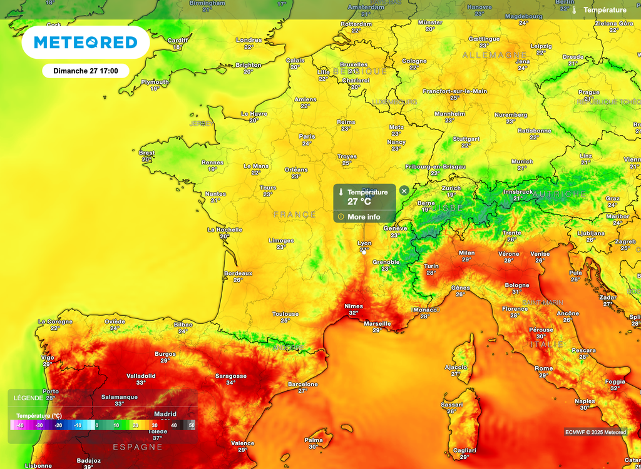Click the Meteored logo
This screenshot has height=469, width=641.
coord(85,43)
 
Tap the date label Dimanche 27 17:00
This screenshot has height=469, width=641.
coord(86,71)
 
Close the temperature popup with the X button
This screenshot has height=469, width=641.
coord(404,191)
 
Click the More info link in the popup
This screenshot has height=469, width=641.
coord(364,217)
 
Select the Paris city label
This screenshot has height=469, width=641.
coord(307,136)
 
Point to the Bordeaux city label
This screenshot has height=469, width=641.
coord(238,273)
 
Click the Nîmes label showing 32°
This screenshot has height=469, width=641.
coord(353,306)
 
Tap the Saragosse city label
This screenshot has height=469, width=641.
coord(230,376)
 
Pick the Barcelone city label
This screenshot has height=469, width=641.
coord(302,384)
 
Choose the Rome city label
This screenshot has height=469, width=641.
coord(544,368)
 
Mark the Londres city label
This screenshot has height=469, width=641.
coord(249,40)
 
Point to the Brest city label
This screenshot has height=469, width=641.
coord(146,153)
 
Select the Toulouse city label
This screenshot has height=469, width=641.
coord(285,314)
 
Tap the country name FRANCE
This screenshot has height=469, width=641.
coord(294,214)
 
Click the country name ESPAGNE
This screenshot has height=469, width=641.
coord(138,447)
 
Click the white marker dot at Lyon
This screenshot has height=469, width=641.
coord(364,253)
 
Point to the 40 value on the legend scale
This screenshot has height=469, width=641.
coord(174,425)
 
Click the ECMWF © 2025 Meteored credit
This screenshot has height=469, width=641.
coord(595,432)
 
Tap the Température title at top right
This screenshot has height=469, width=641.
coord(604,10)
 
